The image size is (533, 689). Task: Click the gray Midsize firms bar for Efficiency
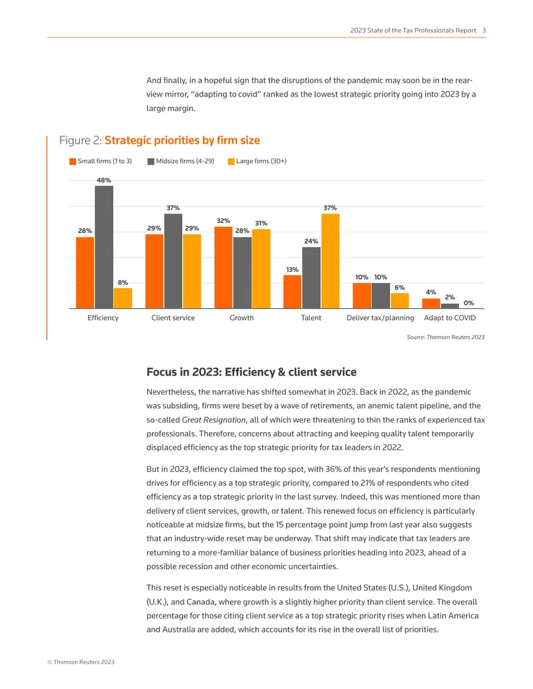point(104,247)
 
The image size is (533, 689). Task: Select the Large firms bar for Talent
point(330,261)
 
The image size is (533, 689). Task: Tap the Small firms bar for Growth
point(223,268)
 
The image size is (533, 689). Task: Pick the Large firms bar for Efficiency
point(123,298)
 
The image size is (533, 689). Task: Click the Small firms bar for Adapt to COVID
point(431,304)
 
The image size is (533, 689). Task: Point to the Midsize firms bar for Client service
point(173,261)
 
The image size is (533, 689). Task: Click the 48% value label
point(104,180)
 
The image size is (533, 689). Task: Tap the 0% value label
point(469,303)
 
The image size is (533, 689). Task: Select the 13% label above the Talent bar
point(292,270)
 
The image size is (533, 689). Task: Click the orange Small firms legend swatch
point(73,162)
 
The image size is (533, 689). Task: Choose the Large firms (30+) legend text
point(261,161)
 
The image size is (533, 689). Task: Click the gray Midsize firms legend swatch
point(151,162)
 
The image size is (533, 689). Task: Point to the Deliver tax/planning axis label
point(380,318)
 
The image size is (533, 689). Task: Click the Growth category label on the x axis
point(241,318)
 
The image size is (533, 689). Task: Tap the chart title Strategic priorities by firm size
point(182,140)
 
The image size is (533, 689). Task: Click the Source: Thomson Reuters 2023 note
point(446,337)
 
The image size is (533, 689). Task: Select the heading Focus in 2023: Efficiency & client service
point(252,372)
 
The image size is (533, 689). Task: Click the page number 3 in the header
point(484,31)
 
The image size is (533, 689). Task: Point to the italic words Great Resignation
point(214,419)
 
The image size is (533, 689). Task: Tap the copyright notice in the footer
point(81,662)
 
